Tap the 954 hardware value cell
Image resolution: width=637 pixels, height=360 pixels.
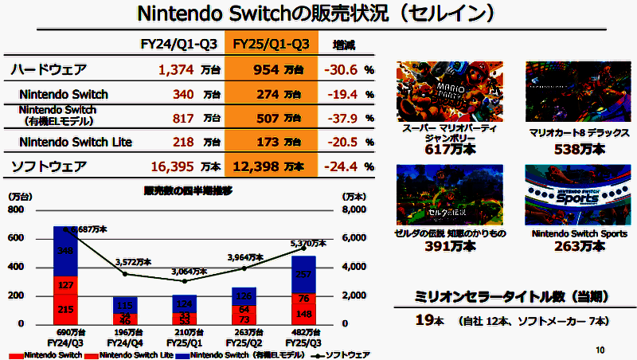(266, 70)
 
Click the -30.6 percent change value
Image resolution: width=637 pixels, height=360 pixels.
(342, 70)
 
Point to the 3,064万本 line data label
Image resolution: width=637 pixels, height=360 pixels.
(188, 272)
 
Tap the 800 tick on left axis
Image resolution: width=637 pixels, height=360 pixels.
(16, 210)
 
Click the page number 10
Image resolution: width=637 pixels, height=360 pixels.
(600, 349)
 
